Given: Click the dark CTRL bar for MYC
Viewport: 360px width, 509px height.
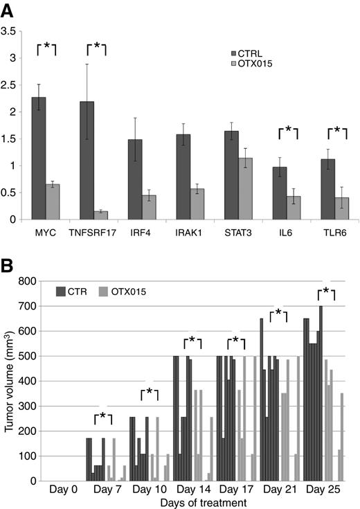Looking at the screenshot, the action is [x=39, y=159].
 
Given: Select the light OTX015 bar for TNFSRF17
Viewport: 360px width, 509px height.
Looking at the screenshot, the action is [x=87, y=215].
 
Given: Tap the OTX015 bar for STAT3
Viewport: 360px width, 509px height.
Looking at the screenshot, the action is [x=245, y=189].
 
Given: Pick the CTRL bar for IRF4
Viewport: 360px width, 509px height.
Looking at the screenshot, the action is [x=135, y=179].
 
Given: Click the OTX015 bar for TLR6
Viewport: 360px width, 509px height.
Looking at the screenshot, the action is [x=342, y=208].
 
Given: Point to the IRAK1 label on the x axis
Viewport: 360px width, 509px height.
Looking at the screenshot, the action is [x=188, y=233].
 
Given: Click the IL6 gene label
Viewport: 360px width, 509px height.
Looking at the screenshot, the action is [x=285, y=233].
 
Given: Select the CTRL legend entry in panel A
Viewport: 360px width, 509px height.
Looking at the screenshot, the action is [x=246, y=53].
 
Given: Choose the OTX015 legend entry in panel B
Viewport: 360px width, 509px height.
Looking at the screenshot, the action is [x=123, y=292].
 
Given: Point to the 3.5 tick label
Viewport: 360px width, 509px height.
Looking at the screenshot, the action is [x=8, y=31].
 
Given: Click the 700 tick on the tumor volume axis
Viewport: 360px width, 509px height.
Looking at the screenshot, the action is [x=28, y=306].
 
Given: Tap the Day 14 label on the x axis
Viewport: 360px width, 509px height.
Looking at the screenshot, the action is [x=193, y=489].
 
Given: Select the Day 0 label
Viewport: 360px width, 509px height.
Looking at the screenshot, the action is [x=63, y=489].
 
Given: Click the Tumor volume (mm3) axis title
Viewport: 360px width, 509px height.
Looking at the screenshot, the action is [x=9, y=381].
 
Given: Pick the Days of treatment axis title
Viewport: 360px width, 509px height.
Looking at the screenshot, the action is [x=204, y=503].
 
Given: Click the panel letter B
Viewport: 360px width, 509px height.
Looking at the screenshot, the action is [x=7, y=266].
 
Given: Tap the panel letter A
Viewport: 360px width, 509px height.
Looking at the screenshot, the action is [x=7, y=11].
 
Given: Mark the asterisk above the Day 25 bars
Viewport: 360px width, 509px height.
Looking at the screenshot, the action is [x=326, y=291].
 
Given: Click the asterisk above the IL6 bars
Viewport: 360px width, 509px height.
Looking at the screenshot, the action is [x=288, y=130].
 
